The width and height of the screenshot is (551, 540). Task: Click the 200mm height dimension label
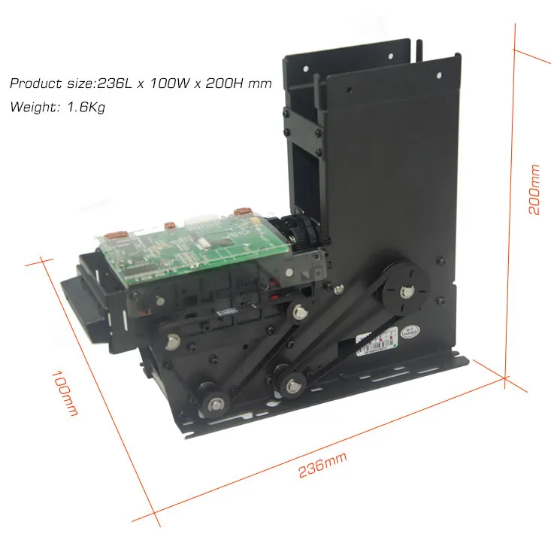click(x=534, y=190)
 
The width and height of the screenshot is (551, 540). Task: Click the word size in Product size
click(x=79, y=83)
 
